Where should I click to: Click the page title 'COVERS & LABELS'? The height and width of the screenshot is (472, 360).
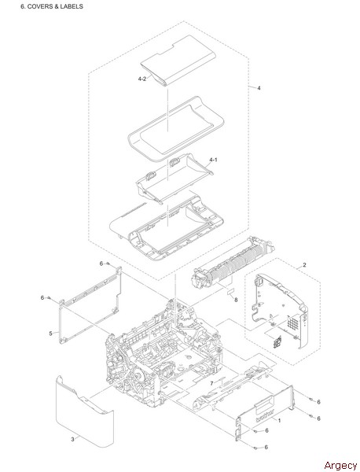click(55, 6)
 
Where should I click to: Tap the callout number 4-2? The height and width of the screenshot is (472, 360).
click(142, 79)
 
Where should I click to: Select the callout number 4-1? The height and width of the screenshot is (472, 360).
click(213, 160)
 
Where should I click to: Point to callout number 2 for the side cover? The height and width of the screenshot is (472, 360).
click(304, 265)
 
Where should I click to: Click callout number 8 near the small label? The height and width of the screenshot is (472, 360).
click(236, 300)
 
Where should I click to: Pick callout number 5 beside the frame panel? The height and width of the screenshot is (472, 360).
click(50, 334)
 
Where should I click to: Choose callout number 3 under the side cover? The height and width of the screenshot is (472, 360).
click(72, 440)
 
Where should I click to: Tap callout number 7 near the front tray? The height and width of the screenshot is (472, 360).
click(211, 384)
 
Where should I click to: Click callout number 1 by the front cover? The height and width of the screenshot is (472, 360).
click(279, 421)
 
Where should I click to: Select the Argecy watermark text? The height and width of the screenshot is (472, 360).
click(340, 465)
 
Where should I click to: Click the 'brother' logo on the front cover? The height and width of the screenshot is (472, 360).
click(265, 415)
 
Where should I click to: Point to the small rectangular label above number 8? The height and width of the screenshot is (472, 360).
click(230, 291)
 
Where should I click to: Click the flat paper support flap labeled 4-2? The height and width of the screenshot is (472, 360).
click(178, 61)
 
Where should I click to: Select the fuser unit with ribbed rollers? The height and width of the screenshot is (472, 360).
click(234, 264)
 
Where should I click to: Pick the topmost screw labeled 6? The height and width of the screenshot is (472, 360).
click(108, 264)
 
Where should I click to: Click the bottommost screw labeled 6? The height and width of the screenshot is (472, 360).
click(255, 448)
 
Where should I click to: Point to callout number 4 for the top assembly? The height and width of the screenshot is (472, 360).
click(259, 88)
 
